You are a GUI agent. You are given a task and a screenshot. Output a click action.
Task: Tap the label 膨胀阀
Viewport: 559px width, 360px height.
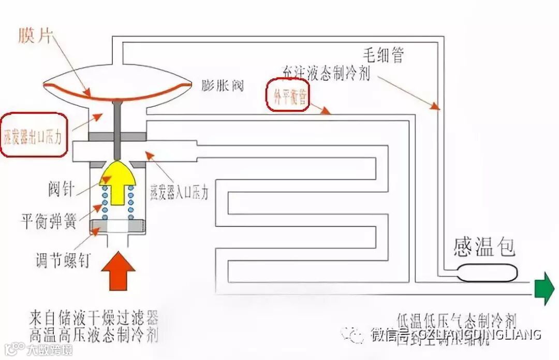click(223, 85)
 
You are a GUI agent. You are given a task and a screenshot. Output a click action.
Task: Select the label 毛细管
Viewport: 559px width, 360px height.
click(383, 54)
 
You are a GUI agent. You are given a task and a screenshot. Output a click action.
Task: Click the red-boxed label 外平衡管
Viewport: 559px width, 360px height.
click(288, 95)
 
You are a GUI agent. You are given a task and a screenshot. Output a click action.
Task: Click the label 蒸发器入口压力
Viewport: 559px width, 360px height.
click(179, 192)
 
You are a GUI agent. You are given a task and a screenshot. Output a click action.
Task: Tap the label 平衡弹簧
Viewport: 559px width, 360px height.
click(49, 221)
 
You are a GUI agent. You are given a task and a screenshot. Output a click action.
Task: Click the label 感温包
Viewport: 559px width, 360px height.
click(484, 247)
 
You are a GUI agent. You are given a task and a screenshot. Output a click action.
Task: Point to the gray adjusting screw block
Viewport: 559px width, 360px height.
click(117, 226)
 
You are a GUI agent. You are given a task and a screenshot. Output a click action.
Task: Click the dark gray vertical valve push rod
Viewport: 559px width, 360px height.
click(117, 129)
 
